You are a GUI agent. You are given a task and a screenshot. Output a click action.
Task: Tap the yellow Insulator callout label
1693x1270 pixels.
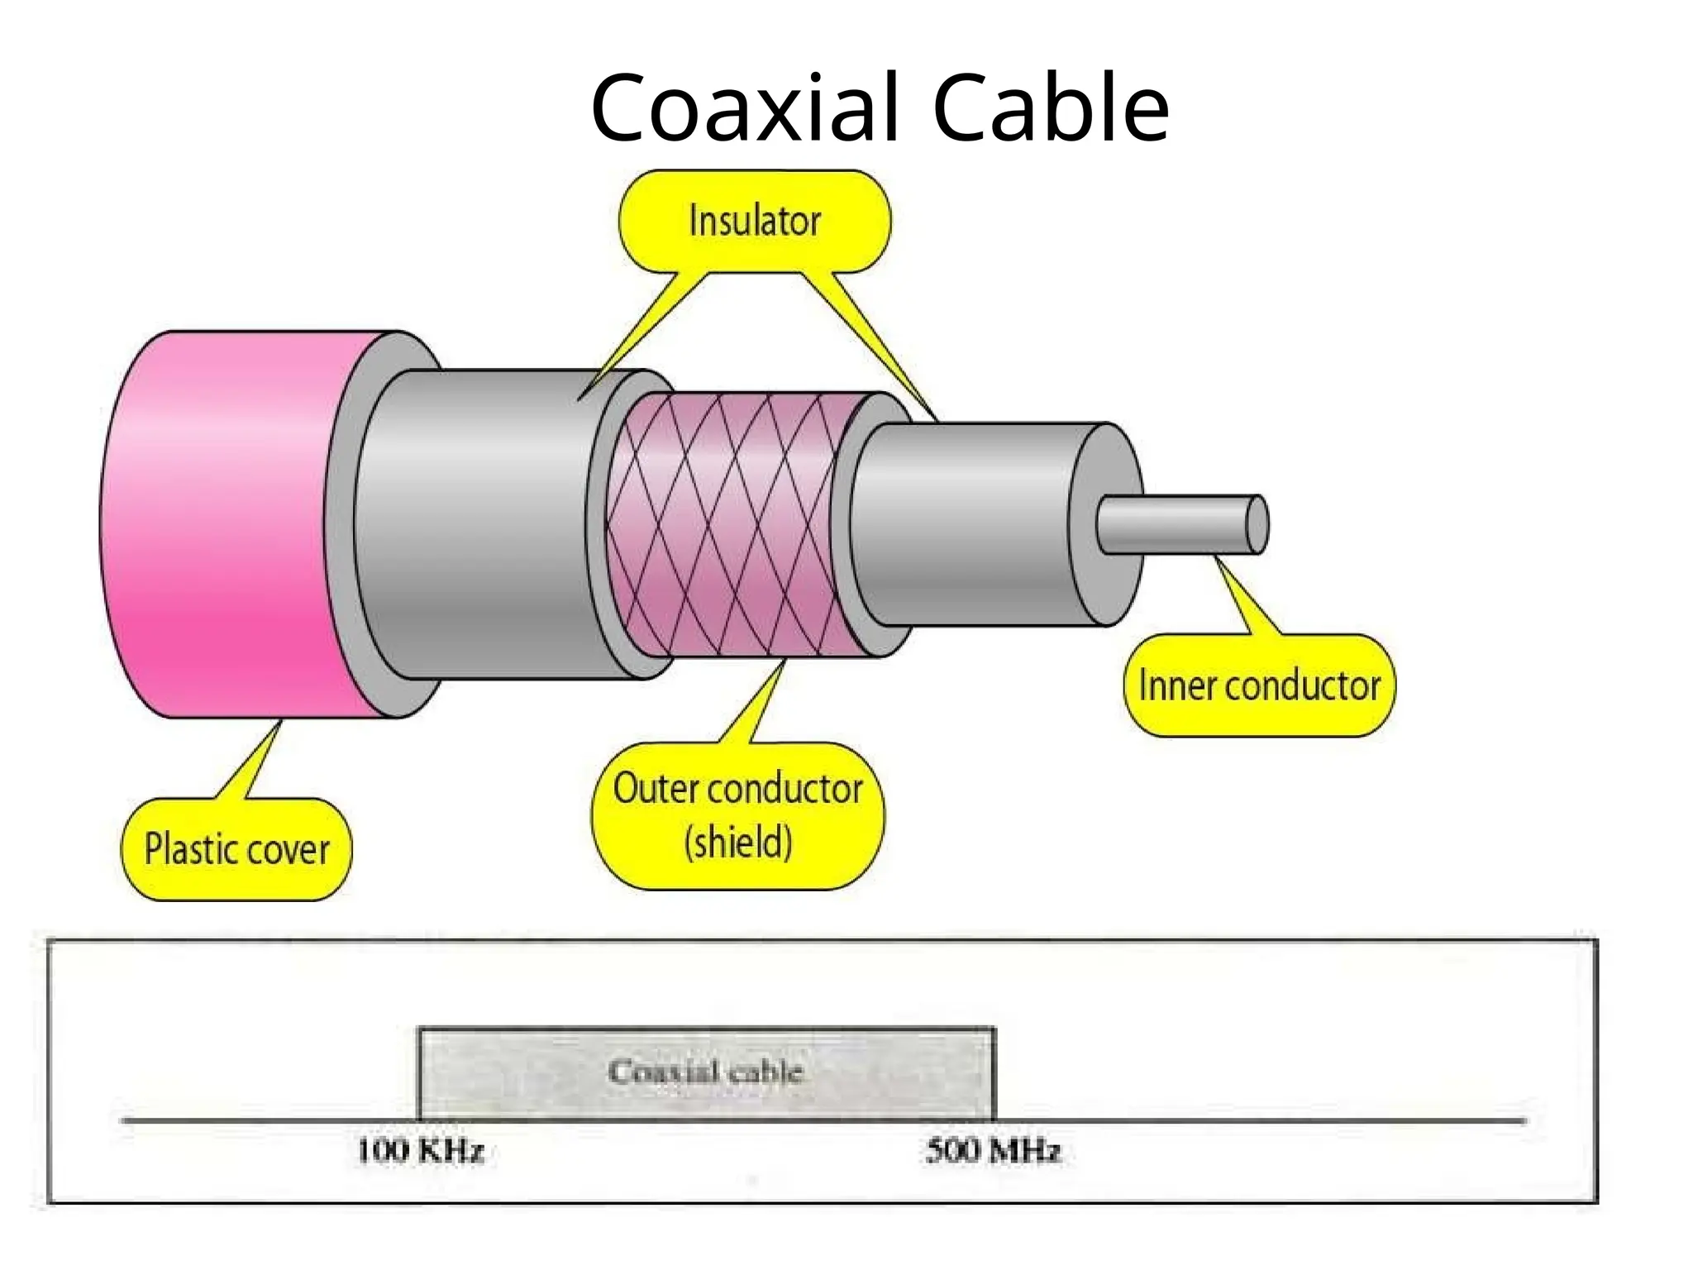click(x=755, y=222)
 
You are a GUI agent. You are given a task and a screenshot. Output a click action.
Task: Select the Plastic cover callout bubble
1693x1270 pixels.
click(x=236, y=849)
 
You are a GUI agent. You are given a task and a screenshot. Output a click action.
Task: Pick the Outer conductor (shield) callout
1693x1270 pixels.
click(x=737, y=815)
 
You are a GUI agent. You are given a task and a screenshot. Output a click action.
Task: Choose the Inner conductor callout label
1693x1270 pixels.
click(x=1259, y=685)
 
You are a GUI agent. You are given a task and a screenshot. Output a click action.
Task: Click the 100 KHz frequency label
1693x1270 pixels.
click(x=420, y=1151)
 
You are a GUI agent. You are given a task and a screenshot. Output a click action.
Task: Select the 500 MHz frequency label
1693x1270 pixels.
click(x=993, y=1151)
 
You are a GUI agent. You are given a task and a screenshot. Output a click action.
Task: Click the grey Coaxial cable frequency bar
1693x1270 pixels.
click(x=706, y=1072)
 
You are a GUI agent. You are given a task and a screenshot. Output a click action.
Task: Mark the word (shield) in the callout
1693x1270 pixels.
click(x=738, y=843)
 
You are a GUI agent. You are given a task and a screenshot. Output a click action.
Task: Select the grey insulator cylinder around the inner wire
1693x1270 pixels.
click(x=967, y=525)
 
